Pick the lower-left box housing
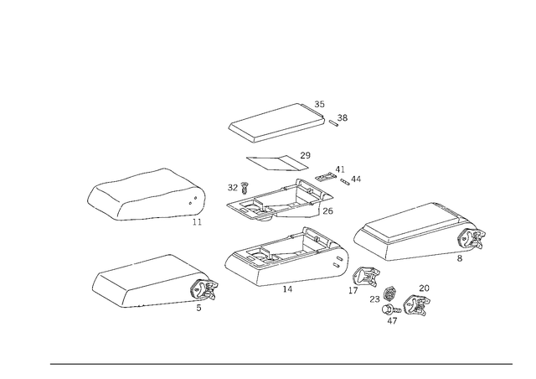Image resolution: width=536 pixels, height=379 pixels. pyautogui.click(x=151, y=280)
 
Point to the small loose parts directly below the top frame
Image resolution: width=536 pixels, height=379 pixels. pyautogui.click(x=281, y=158)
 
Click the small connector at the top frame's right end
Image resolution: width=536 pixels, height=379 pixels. pyautogui.click(x=338, y=121)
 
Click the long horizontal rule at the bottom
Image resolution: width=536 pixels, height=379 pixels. pyautogui.click(x=281, y=363)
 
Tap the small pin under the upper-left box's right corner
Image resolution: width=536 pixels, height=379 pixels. pyautogui.click(x=195, y=222)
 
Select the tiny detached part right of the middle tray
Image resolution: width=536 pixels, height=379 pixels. pyautogui.click(x=352, y=178)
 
